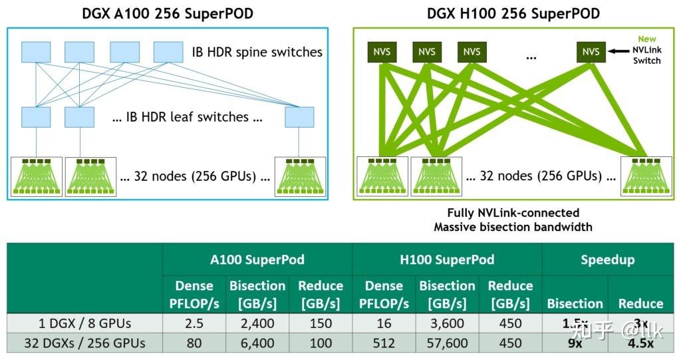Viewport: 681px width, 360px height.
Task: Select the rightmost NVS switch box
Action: tap(591, 52)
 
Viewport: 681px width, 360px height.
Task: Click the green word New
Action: tap(647, 39)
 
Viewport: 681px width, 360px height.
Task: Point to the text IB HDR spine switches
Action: tap(253, 52)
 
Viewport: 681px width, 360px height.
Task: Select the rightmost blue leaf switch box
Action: tap(299, 116)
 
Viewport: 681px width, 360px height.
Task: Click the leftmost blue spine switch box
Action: tap(35, 52)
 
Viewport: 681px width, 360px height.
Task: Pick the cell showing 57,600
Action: tap(447, 344)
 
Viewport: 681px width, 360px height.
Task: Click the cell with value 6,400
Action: tap(257, 344)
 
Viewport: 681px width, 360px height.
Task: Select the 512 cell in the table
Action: tap(384, 344)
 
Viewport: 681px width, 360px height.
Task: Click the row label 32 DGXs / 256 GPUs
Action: tap(83, 344)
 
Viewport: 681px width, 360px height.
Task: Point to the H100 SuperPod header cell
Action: tap(447, 260)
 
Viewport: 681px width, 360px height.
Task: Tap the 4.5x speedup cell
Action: tap(640, 344)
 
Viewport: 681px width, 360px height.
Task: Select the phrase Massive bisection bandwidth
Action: tap(513, 227)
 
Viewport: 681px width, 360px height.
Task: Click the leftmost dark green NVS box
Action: tap(382, 52)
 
